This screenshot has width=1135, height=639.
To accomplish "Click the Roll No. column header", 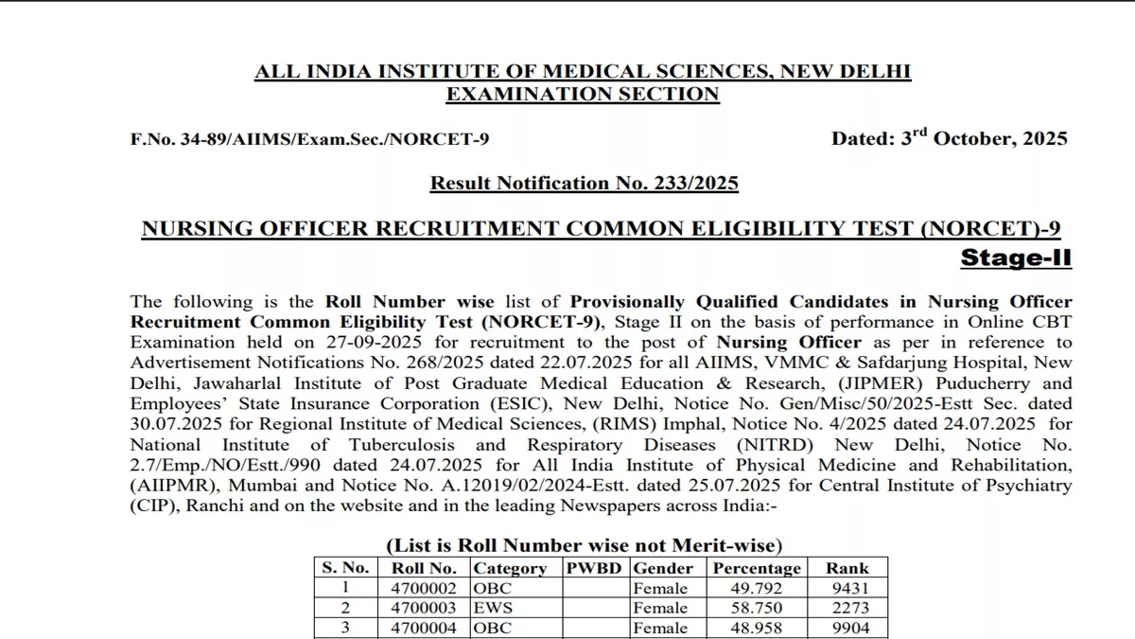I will (x=424, y=568).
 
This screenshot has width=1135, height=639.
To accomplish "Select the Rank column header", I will (x=847, y=568).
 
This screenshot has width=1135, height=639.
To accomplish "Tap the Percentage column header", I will (x=756, y=568).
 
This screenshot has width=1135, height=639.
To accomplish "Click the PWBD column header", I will (x=596, y=568).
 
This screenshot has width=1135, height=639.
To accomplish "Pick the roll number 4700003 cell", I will (x=424, y=608).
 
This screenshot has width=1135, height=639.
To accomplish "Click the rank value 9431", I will (x=847, y=588).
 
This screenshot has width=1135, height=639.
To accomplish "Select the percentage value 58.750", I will (x=756, y=608).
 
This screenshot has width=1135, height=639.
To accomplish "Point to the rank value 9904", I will (x=847, y=628).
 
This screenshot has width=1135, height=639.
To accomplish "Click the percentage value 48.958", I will (x=756, y=628).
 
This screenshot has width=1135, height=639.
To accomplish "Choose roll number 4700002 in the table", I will (x=424, y=588).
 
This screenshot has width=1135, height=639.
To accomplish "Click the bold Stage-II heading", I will (x=1016, y=257).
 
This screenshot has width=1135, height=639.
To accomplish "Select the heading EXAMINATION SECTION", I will (x=582, y=94).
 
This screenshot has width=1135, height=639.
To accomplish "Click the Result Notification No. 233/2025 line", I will (x=584, y=183).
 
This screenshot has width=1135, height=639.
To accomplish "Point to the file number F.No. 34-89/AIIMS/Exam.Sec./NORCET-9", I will (x=309, y=139).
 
